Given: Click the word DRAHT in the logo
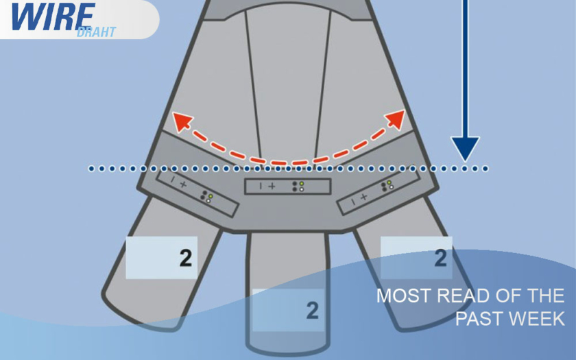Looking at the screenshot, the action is (x=96, y=32).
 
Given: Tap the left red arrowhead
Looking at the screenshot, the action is (x=182, y=121).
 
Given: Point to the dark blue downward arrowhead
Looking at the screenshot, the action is (x=465, y=149).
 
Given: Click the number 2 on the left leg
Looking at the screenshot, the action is (x=186, y=258).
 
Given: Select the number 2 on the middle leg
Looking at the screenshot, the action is (x=312, y=311).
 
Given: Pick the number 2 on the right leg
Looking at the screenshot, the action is (x=440, y=258).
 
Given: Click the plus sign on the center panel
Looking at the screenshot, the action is (x=272, y=187).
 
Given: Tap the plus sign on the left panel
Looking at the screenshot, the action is (x=183, y=184).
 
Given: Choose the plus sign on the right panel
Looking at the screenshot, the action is (x=363, y=197).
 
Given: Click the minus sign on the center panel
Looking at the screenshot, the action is (x=261, y=187).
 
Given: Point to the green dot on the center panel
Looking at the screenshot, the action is (x=302, y=184).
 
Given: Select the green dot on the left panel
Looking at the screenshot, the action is (x=211, y=196).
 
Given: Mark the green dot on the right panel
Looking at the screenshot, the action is (x=389, y=182).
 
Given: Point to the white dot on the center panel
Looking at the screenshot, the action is (x=302, y=189).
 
